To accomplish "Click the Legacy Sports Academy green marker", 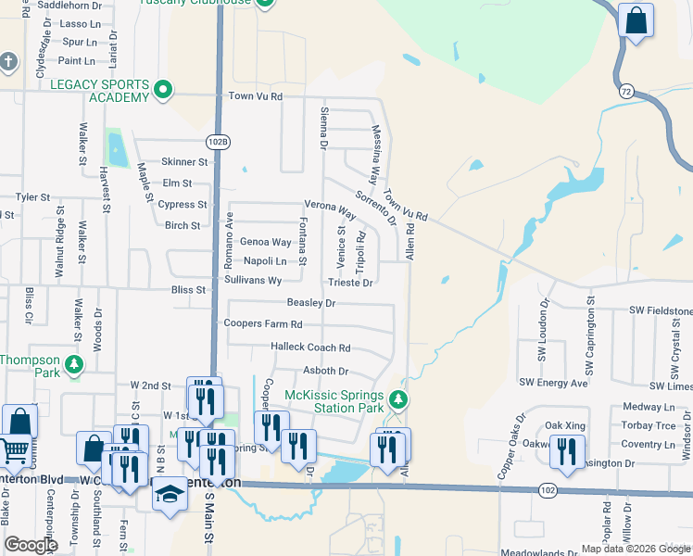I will click(163, 90).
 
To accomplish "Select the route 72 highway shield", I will click(627, 91).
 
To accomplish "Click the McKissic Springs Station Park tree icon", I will click(398, 399).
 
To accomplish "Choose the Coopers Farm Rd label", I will click(263, 324).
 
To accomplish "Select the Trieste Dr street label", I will click(350, 283).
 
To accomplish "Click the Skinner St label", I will click(184, 162).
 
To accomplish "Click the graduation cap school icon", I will click(170, 494).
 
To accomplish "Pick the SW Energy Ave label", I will click(553, 382).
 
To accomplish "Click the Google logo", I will click(31, 545).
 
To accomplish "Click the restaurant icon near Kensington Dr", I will click(566, 451).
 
